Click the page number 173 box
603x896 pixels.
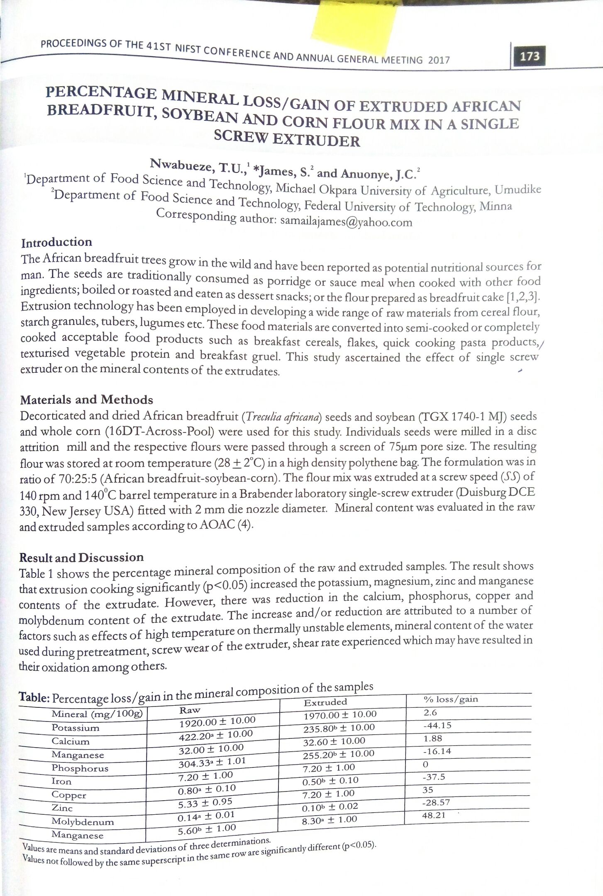pos(529,56)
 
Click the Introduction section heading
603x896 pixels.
pos(56,243)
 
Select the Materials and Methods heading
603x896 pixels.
pos(86,400)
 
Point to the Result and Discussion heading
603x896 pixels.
pos(81,558)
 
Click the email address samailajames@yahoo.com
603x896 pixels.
pos(346,221)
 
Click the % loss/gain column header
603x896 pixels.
pos(451,699)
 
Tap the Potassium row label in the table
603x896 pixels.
pos(75,728)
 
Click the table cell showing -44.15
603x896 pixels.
pos(437,726)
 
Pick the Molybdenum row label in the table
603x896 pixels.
pos(83,821)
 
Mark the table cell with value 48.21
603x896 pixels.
pos(434,815)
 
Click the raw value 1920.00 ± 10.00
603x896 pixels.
pos(217,722)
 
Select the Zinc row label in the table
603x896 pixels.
pos(62,808)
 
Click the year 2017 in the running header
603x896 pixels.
pos(439,60)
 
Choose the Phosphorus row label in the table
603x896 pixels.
pos(80,768)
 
